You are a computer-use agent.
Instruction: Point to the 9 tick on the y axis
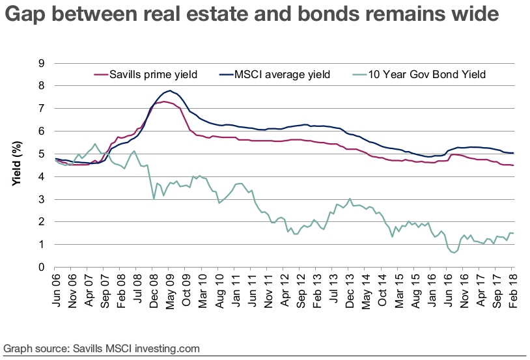pos(41,63)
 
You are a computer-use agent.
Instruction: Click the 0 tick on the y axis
pos(41,268)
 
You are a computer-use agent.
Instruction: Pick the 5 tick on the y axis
pos(41,154)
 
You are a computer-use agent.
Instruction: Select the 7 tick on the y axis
pos(41,109)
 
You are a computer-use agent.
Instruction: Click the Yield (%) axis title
pos(18,165)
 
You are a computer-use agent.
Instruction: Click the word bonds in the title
pos(308,15)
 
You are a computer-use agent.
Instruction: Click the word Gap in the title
pos(24,15)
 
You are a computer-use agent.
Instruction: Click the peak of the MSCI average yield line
pos(170,90)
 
